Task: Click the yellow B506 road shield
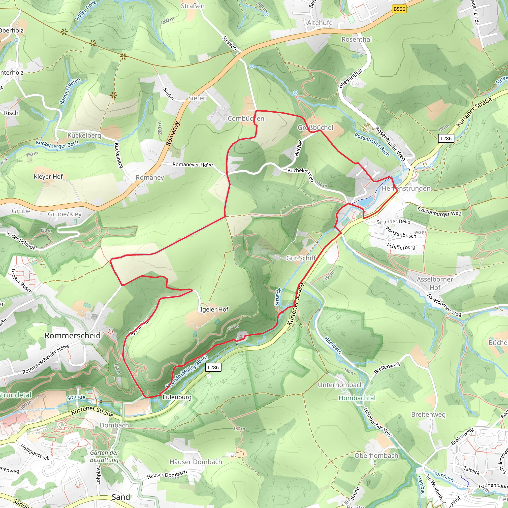(x=399, y=9)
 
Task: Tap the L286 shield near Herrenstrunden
(x=446, y=138)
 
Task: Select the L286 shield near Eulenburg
(x=213, y=367)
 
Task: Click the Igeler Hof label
(x=214, y=310)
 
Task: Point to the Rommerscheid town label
(x=73, y=336)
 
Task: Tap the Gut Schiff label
(x=301, y=258)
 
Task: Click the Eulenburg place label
(x=177, y=397)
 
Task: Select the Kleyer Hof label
(x=48, y=177)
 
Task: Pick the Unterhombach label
(x=341, y=385)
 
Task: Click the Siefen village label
(x=197, y=98)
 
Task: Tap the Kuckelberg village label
(x=84, y=135)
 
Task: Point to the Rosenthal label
(x=356, y=39)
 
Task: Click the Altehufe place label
(x=320, y=23)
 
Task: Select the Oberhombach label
(x=376, y=456)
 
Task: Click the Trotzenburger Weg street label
(x=439, y=212)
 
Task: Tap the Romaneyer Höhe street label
(x=192, y=165)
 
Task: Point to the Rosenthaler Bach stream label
(x=372, y=144)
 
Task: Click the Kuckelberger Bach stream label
(x=57, y=144)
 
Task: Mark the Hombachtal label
(x=357, y=398)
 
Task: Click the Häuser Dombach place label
(x=196, y=462)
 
